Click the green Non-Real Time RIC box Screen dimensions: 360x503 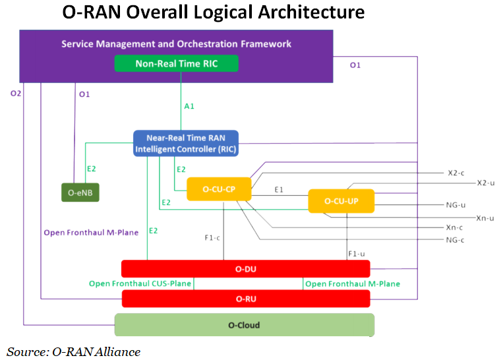[x=176, y=64]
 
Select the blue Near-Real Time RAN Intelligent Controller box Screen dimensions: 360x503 [x=186, y=144]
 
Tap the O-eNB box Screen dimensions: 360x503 [x=80, y=193]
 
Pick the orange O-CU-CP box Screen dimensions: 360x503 [x=220, y=190]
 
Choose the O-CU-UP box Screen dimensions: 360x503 [x=341, y=201]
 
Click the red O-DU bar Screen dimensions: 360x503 [x=245, y=268]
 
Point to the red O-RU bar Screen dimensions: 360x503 [x=245, y=299]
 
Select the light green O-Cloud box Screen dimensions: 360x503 [x=244, y=325]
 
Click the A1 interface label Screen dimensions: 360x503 [x=189, y=105]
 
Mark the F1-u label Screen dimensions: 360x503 [x=357, y=253]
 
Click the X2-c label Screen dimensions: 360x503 [x=456, y=173]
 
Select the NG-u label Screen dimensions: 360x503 [x=456, y=204]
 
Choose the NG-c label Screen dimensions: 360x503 [x=456, y=239]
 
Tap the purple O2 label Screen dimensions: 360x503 [x=16, y=94]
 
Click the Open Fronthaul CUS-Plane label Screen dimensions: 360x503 [x=140, y=284]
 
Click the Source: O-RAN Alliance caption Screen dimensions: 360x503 [x=74, y=351]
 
